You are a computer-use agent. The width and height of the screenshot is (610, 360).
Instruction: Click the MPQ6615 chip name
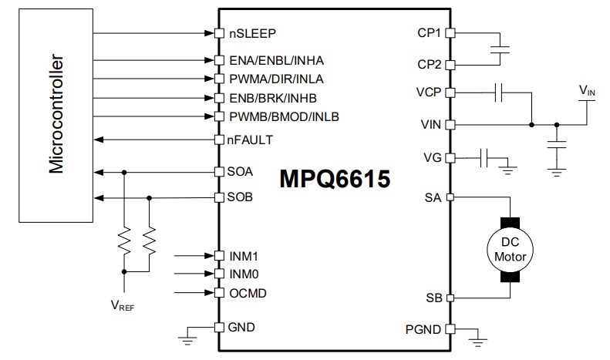click(x=334, y=179)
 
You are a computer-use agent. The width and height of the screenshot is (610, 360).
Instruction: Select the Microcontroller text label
click(x=56, y=115)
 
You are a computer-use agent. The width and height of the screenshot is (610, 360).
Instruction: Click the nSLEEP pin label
click(x=252, y=33)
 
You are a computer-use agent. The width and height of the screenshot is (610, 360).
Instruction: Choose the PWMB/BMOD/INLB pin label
click(x=284, y=116)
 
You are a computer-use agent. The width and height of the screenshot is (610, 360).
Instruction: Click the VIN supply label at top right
click(x=587, y=91)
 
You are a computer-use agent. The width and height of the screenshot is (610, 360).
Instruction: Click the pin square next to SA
click(x=450, y=197)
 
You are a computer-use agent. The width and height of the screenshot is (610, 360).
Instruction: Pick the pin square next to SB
click(x=450, y=298)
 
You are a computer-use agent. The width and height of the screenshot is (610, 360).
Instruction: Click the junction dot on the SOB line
click(x=149, y=197)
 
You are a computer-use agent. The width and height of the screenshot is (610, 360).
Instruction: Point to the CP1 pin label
click(x=429, y=33)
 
